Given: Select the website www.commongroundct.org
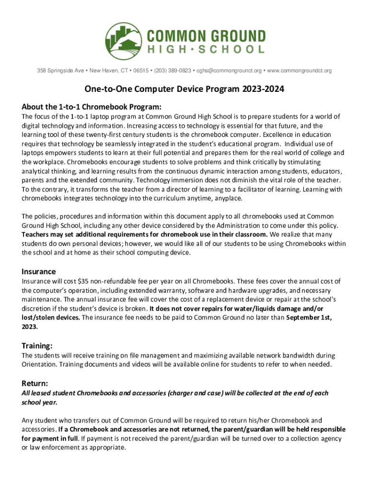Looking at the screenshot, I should click(x=299, y=71).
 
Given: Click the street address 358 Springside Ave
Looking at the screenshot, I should click(x=61, y=71).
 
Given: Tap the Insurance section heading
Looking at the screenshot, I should click(x=38, y=271).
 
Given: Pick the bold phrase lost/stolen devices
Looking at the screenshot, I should click(x=50, y=317).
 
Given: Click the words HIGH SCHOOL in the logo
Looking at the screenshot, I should click(x=206, y=49).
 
